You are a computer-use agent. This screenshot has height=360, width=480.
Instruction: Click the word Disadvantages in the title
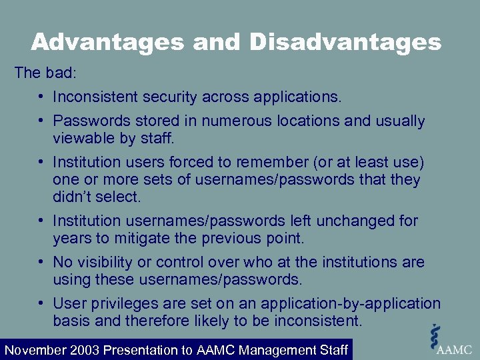[345, 43]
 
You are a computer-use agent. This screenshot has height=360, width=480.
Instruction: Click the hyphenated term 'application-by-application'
[351, 303]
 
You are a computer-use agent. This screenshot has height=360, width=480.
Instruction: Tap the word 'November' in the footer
[35, 350]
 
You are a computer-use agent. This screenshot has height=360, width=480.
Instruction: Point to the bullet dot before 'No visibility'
[41, 262]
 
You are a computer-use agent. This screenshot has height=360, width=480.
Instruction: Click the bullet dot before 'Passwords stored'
[41, 121]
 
